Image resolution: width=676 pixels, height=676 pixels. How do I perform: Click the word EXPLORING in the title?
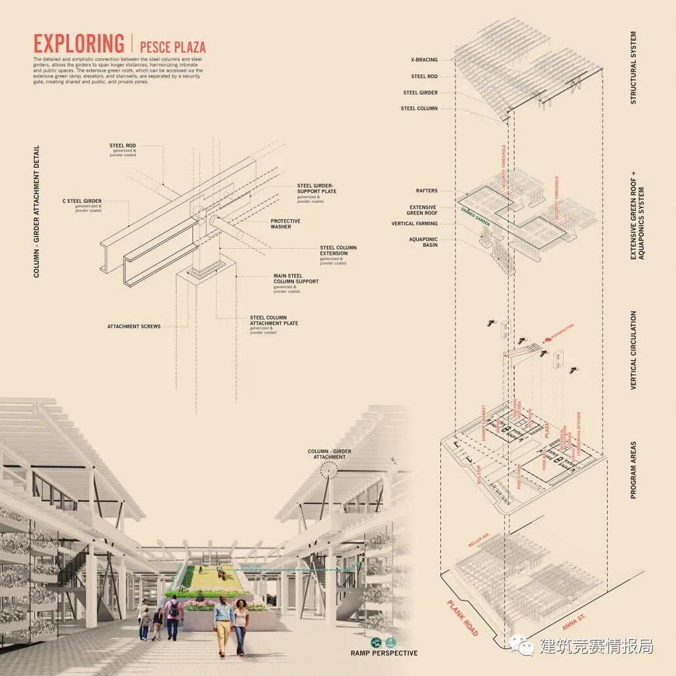click(x=79, y=44)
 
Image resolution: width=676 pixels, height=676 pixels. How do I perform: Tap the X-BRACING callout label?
click(x=424, y=60)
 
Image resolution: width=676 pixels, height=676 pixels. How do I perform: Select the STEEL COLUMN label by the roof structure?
click(x=420, y=108)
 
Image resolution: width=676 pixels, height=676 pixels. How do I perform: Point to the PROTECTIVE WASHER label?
click(x=285, y=224)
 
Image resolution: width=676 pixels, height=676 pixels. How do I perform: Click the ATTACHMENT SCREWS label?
click(x=134, y=326)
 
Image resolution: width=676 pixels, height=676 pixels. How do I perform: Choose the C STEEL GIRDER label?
click(x=82, y=201)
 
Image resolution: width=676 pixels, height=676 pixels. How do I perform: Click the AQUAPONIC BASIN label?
click(x=423, y=242)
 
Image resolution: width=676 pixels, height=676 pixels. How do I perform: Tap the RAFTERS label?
click(x=426, y=191)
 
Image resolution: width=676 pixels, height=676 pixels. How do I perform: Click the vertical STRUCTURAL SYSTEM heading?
click(x=633, y=68)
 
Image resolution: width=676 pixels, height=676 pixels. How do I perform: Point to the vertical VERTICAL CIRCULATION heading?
click(x=633, y=350)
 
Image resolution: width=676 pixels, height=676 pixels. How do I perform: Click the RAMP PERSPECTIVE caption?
click(x=384, y=653)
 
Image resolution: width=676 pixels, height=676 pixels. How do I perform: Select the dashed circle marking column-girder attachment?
click(x=328, y=469)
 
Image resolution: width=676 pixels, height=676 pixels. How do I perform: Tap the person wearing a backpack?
click(x=173, y=617)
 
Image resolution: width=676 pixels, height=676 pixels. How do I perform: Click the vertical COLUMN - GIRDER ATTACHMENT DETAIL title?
click(x=37, y=211)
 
